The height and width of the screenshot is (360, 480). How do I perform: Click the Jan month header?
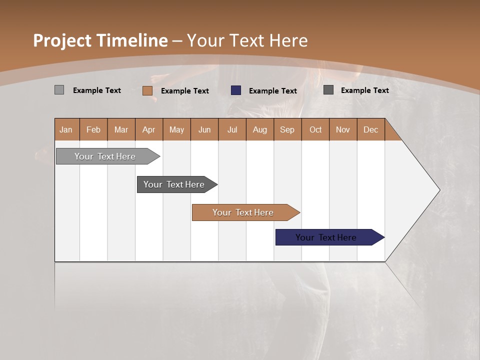66,129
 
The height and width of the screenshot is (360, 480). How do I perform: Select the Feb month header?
93,129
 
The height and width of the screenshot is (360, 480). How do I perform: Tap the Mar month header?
121,129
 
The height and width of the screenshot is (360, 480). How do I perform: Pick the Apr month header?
149,129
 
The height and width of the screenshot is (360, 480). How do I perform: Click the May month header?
176,129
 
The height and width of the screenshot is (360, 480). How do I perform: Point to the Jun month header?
204,129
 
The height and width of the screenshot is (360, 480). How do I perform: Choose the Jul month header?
232,129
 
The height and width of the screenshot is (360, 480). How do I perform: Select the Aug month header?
260,129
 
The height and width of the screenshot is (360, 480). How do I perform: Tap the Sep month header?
287,129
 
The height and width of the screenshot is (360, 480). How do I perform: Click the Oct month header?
315,129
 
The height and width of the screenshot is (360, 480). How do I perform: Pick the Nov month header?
343,129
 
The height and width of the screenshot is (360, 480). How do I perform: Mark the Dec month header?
371,129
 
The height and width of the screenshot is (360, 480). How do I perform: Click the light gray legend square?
59,90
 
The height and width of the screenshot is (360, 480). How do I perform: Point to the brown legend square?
147,90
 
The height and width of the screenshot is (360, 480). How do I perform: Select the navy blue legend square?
236,90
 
